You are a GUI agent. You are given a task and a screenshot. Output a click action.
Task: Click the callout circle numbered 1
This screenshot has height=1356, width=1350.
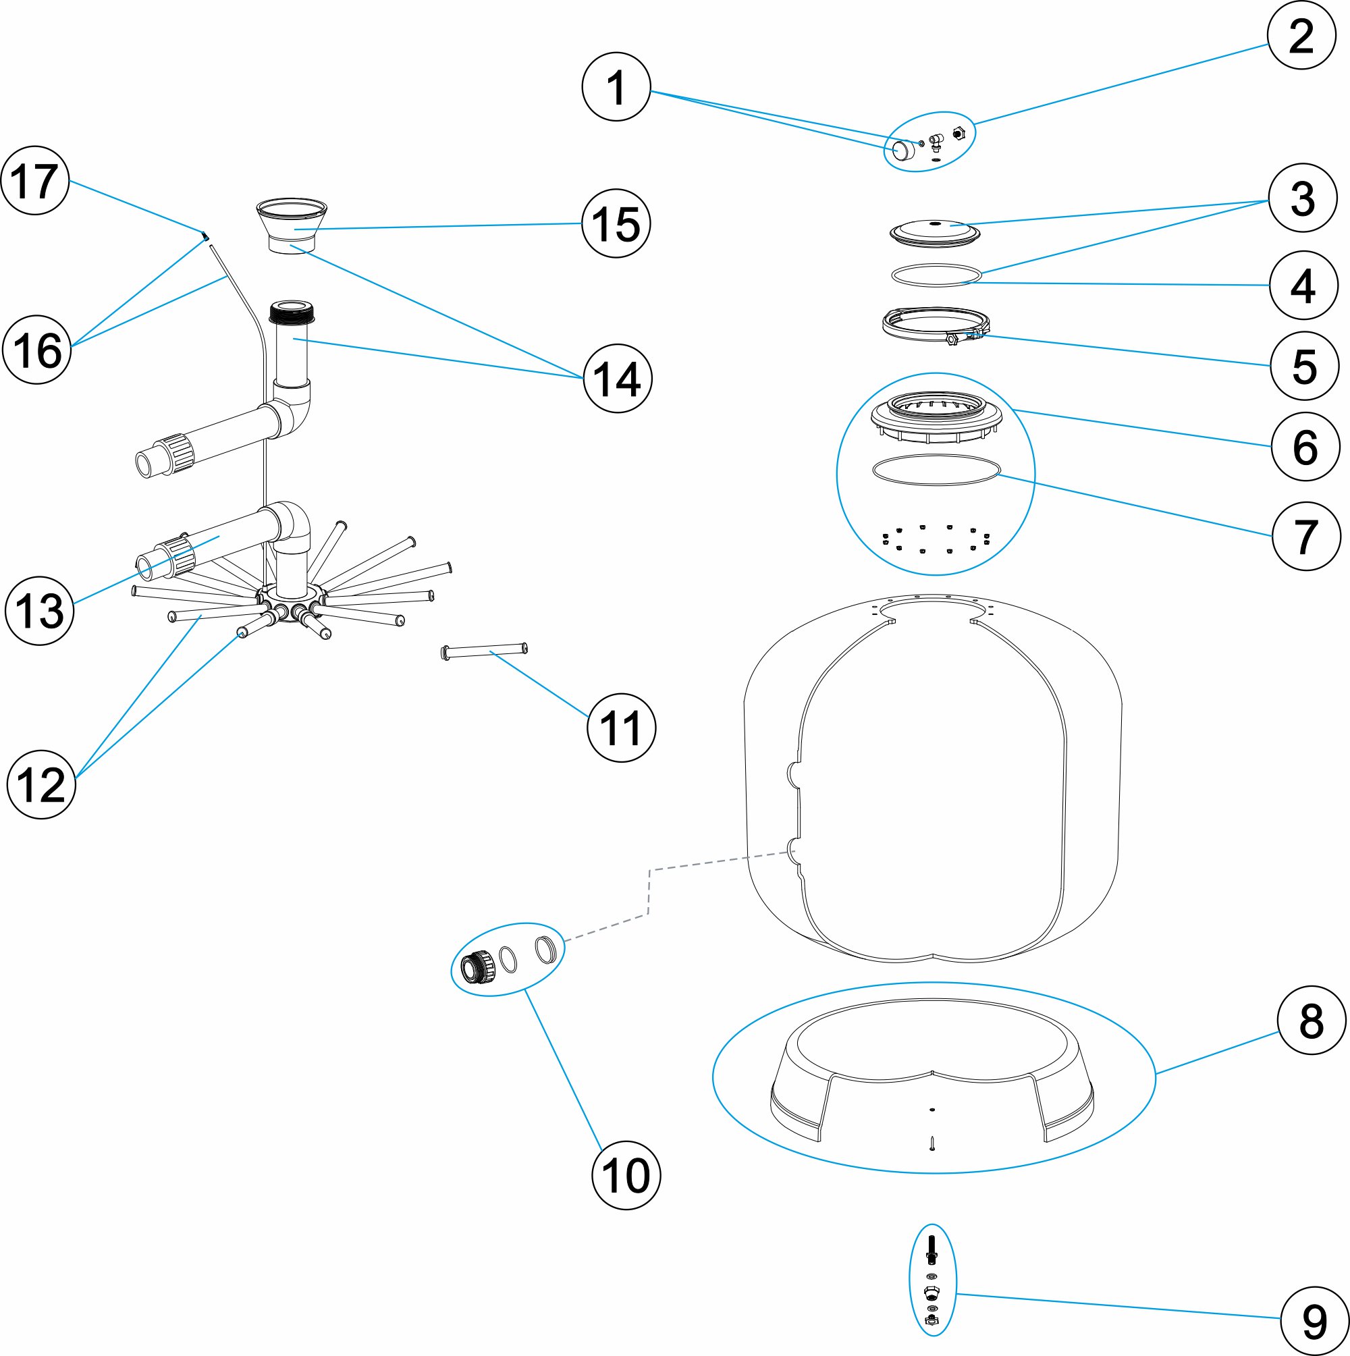[x=616, y=87]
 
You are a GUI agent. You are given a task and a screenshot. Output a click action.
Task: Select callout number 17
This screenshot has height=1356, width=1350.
[x=35, y=180]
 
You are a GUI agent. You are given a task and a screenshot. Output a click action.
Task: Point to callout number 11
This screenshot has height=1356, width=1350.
[x=620, y=727]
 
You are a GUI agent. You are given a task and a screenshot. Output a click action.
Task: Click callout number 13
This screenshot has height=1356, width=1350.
[x=39, y=610]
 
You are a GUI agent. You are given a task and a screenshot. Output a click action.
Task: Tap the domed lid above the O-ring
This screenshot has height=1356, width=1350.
[x=934, y=232]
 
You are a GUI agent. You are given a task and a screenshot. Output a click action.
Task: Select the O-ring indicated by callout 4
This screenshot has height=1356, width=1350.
[x=936, y=275]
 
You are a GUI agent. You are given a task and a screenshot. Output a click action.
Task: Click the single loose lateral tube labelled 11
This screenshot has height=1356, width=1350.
[x=484, y=651]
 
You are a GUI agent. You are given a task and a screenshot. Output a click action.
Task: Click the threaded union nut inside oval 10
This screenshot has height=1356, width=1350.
[x=478, y=968]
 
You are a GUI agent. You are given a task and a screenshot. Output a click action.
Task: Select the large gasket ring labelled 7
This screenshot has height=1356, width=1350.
[x=936, y=469]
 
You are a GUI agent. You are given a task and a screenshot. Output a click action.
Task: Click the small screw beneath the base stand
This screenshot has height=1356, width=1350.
[x=932, y=1144]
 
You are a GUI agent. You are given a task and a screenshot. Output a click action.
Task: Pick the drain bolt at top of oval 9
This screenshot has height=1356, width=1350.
[x=932, y=1249]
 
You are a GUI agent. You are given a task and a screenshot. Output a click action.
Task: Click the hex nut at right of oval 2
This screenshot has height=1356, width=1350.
[x=959, y=133]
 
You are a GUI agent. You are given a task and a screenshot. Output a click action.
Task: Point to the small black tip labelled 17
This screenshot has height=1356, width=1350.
[x=205, y=236]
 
